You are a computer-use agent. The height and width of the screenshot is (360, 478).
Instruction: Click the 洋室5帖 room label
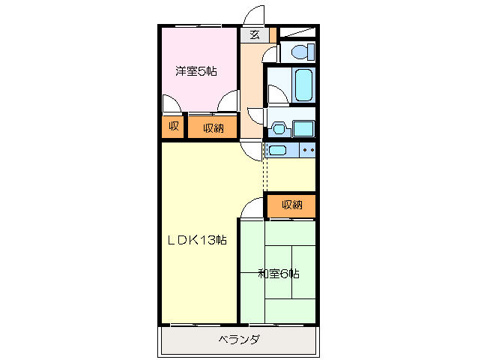tap(196, 72)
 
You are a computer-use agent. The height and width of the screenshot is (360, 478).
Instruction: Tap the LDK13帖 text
tap(196, 240)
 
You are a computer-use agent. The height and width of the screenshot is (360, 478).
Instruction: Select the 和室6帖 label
tap(279, 274)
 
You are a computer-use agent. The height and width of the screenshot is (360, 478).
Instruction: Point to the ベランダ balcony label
tap(239, 340)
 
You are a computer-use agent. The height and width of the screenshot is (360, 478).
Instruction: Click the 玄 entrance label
tap(255, 34)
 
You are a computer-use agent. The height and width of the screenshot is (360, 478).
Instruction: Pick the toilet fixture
tap(300, 52)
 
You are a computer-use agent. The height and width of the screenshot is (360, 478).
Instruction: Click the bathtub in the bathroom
tap(303, 85)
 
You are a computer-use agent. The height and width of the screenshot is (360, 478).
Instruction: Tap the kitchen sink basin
tap(277, 151)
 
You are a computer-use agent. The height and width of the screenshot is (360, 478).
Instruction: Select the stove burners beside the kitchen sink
tap(308, 151)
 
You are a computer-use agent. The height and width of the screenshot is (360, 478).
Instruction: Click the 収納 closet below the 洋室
tap(213, 127)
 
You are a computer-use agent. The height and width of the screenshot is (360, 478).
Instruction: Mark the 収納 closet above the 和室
tap(292, 205)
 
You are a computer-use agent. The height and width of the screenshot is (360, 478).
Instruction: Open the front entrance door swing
tap(255, 15)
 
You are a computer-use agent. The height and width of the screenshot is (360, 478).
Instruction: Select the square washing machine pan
tap(303, 127)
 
